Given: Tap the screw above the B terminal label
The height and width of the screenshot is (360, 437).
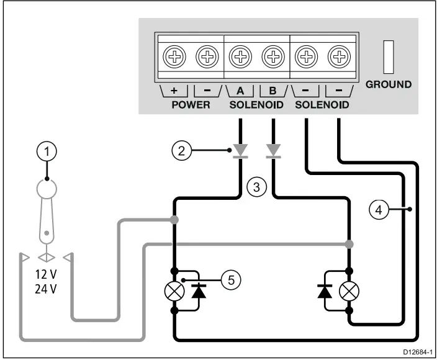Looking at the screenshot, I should click(273, 58).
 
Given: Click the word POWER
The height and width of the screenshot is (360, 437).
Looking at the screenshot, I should click(191, 104).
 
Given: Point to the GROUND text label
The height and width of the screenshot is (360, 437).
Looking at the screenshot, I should click(389, 84).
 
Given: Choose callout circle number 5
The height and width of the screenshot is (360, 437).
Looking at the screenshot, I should click(231, 280).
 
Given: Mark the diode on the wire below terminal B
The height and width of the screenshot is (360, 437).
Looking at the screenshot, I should click(273, 151).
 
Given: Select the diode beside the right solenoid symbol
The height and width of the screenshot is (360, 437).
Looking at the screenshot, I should click(323, 290).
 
